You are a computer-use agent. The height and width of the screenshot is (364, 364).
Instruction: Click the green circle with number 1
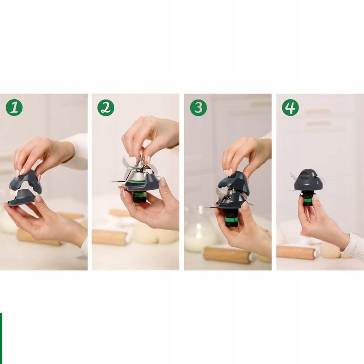14,108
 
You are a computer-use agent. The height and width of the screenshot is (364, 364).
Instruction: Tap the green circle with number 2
106,108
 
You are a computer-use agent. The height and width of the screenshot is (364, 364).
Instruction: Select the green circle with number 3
198,108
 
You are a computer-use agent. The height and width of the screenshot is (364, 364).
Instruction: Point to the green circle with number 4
290,108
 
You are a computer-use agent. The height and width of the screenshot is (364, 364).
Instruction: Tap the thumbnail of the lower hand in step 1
39,198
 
